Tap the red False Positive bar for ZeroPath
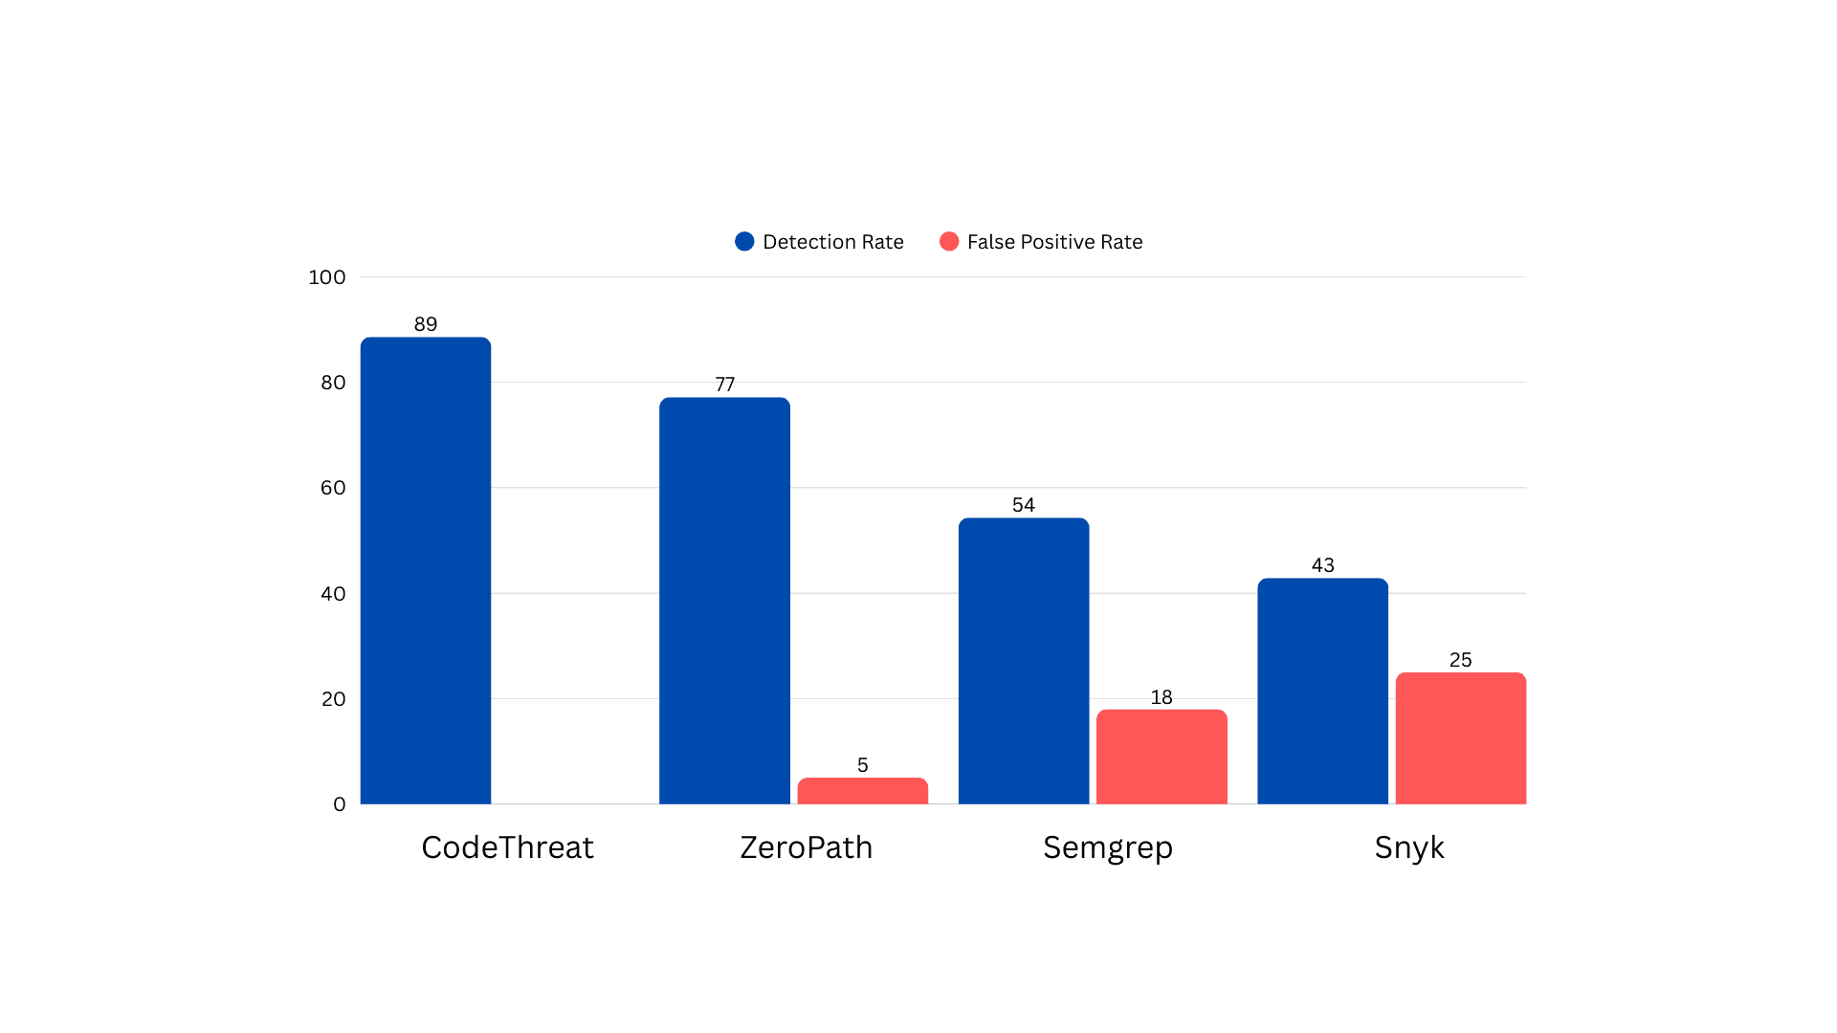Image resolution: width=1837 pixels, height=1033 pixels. coord(862,791)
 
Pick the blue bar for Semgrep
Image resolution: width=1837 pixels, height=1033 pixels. coord(1024,661)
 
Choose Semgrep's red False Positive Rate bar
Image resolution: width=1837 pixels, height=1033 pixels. coord(1162,757)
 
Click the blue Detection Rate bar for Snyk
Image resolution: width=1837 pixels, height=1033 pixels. coord(1322,691)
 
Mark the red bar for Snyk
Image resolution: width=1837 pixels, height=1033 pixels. coord(1460,738)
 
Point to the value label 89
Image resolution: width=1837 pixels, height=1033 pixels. coord(426,324)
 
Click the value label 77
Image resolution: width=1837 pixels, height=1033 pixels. coord(725,385)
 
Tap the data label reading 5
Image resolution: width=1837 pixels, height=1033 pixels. coord(862,765)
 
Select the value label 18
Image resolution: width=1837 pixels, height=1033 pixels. coord(1162,697)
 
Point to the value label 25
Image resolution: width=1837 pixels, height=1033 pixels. coord(1460,660)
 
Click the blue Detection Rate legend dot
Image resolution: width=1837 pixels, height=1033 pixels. coord(744,242)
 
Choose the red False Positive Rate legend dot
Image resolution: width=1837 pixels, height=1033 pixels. coord(949,242)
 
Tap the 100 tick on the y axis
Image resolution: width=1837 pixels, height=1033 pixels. coord(327,277)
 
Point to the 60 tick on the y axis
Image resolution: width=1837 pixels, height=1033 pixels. coord(333,488)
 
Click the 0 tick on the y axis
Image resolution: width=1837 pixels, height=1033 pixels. coord(340,804)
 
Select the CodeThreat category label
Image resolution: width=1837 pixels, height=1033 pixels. coord(507,847)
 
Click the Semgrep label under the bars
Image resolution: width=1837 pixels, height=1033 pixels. coord(1107,847)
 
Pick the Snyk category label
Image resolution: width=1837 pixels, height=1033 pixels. coord(1408,847)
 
